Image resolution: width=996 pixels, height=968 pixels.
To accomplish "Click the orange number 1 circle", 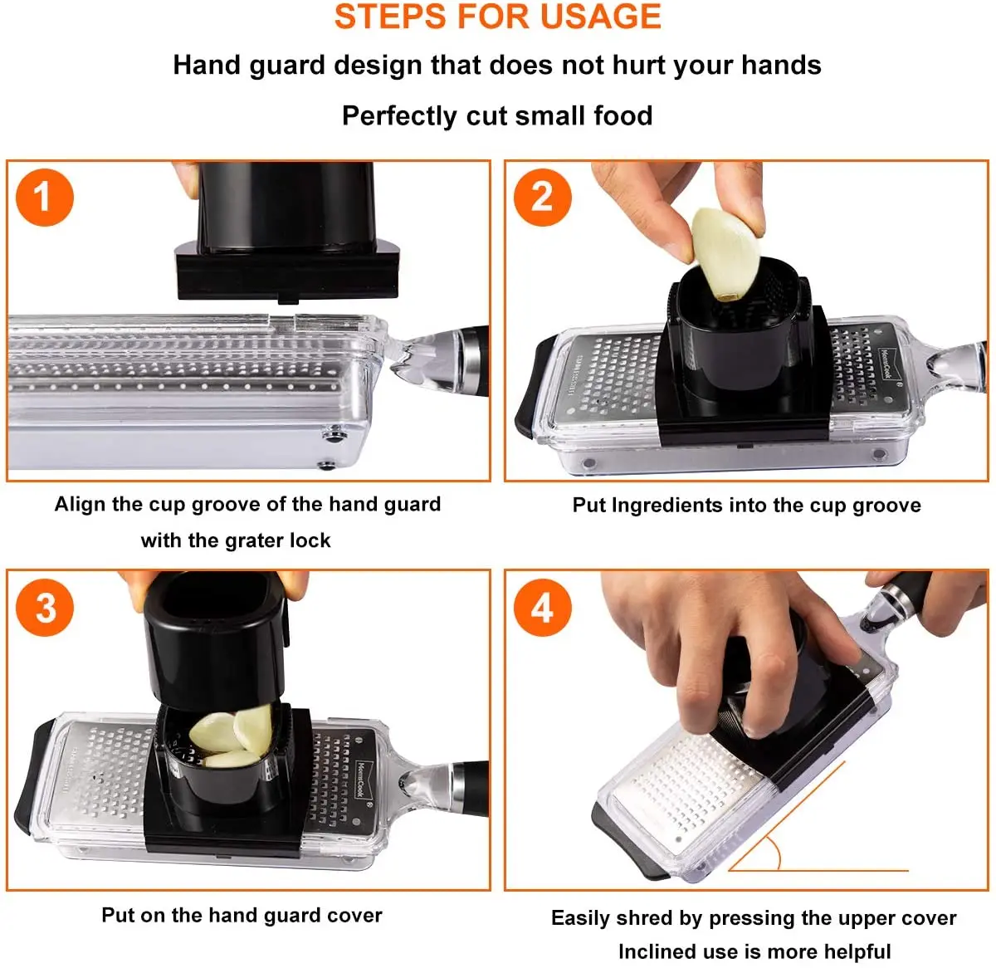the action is (45, 197).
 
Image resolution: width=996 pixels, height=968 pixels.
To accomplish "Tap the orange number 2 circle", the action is (543, 197).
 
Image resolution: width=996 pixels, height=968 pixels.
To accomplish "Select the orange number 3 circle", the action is (45, 608).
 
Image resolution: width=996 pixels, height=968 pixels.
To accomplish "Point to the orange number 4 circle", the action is (543, 608).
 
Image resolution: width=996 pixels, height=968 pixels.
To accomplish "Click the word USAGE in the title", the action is (600, 17).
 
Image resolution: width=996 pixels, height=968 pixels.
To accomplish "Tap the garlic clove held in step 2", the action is (725, 253).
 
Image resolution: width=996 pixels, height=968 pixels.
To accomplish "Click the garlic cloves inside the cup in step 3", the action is (231, 736).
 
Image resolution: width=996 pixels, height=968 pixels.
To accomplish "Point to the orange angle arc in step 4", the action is (774, 853).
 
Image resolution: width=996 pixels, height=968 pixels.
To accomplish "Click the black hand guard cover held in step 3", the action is (215, 640).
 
